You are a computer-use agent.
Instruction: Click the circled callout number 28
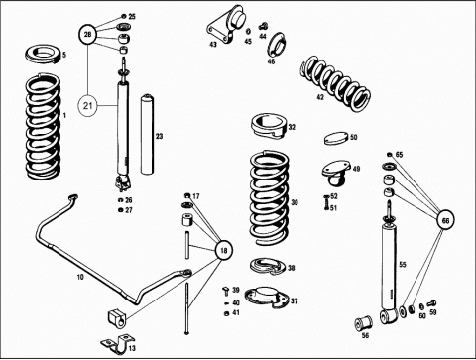point(87,34)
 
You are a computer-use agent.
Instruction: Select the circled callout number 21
point(87,106)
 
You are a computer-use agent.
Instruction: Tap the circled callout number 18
point(224,250)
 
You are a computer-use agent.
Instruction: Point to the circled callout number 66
point(445,220)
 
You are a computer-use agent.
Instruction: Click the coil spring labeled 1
point(43,127)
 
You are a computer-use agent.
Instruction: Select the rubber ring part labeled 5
point(43,56)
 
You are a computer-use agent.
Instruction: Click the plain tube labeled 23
point(148,134)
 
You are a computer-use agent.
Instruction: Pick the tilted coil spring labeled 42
point(335,83)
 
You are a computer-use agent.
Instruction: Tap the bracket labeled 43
point(226,27)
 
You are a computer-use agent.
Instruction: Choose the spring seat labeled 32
point(270,127)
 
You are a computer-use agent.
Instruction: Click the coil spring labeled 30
point(270,197)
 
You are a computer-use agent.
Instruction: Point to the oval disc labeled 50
point(336,138)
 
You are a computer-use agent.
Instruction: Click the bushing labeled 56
point(363,323)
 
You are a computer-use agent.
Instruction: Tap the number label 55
point(403,265)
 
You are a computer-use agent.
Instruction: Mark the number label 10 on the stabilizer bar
point(80,277)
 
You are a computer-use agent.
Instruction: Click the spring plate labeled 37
point(267,297)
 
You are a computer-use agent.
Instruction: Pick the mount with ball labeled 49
point(336,172)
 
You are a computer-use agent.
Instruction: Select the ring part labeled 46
point(276,45)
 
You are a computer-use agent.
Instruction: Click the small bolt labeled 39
point(227,291)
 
